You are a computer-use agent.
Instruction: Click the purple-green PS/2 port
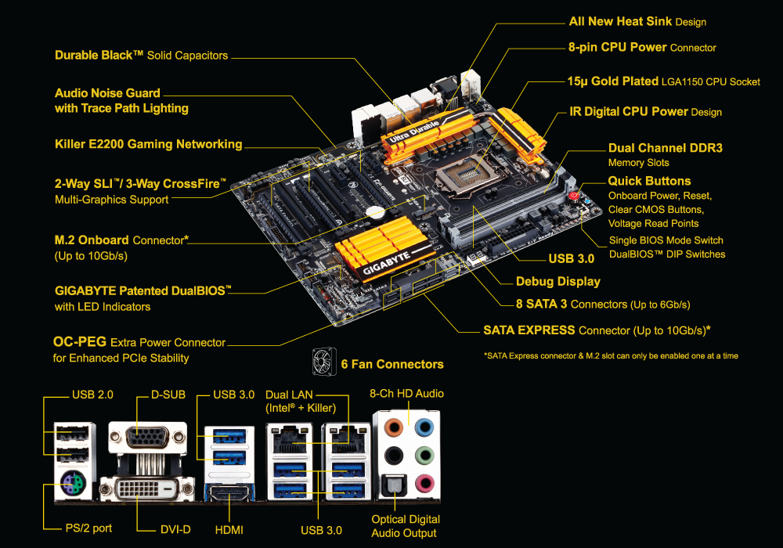click(x=73, y=483)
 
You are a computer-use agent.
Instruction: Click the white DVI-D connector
click(x=147, y=489)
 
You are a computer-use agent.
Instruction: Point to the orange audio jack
click(x=394, y=427)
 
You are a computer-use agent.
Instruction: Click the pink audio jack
click(x=425, y=483)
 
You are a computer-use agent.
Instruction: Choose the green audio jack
click(x=425, y=455)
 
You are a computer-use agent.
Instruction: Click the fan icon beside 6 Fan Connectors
click(x=324, y=362)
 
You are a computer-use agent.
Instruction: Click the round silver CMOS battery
click(x=375, y=212)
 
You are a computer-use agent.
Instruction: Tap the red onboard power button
click(x=574, y=195)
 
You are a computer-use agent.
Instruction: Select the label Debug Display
click(x=557, y=282)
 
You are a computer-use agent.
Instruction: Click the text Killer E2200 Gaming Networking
click(x=148, y=144)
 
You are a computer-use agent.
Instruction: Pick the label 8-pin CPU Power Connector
click(x=642, y=48)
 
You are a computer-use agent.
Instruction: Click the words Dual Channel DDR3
click(x=665, y=148)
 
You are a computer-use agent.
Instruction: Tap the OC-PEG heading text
click(x=80, y=342)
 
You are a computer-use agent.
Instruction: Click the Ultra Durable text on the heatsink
click(x=414, y=132)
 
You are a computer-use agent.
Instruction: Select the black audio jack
click(x=394, y=455)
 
